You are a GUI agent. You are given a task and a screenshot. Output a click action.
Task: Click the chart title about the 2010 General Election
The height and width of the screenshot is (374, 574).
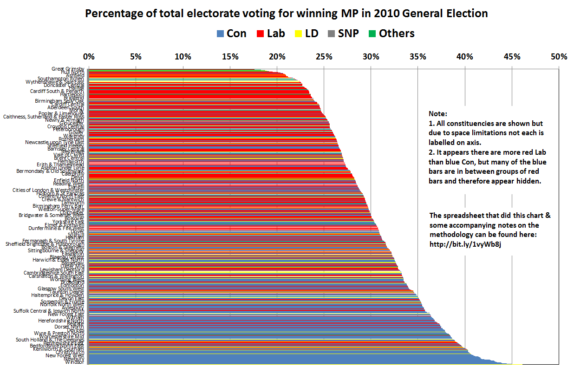coord(287,13)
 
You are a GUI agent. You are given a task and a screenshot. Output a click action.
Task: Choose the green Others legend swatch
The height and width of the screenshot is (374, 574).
coord(372,33)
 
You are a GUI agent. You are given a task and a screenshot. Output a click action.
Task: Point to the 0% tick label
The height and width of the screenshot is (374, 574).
coord(89,57)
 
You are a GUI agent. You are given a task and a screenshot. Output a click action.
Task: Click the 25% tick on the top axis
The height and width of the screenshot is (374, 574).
coord(324,57)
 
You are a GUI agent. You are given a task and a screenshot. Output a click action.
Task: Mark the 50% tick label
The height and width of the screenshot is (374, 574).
coord(559,57)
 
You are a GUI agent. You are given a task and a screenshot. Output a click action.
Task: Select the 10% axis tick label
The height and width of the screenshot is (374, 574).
coord(183,57)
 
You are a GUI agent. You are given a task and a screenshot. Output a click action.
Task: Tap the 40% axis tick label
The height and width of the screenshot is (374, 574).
coord(464,57)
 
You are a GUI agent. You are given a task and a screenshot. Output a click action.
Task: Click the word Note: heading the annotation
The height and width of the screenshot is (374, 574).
coord(438,114)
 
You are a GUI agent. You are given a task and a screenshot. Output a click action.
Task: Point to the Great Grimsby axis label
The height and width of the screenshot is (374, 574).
coord(68,69)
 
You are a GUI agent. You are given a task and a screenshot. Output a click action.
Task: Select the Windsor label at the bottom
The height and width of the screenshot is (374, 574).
coord(74,362)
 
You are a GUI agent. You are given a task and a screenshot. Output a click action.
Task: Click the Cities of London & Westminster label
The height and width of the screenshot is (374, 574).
coord(48,190)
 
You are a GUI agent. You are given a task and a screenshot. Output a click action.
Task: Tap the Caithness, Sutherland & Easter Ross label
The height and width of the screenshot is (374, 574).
coord(44,117)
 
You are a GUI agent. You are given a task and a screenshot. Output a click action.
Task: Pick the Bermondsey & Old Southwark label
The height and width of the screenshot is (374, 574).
coord(50,171)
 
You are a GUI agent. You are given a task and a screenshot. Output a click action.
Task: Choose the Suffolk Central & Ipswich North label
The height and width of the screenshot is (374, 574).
coord(49,311)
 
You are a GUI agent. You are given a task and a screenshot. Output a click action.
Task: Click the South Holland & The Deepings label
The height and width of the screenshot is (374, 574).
coord(50,340)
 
